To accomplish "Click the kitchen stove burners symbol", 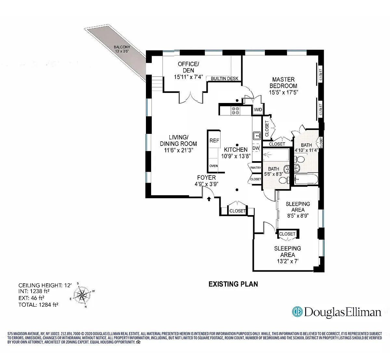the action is (x=235, y=110).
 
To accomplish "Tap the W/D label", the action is (x=258, y=109).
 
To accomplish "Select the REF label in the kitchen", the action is (x=214, y=141).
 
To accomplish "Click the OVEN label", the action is (x=214, y=166).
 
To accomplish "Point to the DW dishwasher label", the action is (x=256, y=148).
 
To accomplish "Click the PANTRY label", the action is (x=255, y=168).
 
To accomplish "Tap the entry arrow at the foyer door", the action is (x=209, y=199).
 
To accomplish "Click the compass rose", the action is (x=82, y=295).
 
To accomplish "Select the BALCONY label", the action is (x=122, y=47).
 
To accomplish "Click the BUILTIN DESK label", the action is (x=225, y=79).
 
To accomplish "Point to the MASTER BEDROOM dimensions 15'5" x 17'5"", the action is (x=283, y=92).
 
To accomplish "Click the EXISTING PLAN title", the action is (x=233, y=284).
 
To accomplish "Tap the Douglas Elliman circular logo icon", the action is (x=297, y=312).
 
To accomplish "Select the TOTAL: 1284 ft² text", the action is (x=38, y=305).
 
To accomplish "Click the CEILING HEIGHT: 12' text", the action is (x=45, y=285).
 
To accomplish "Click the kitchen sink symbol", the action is (x=257, y=135).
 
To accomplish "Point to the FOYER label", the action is (x=206, y=177).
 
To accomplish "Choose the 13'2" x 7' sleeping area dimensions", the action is (x=288, y=261).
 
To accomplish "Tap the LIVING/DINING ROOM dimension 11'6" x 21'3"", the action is (x=178, y=150).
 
